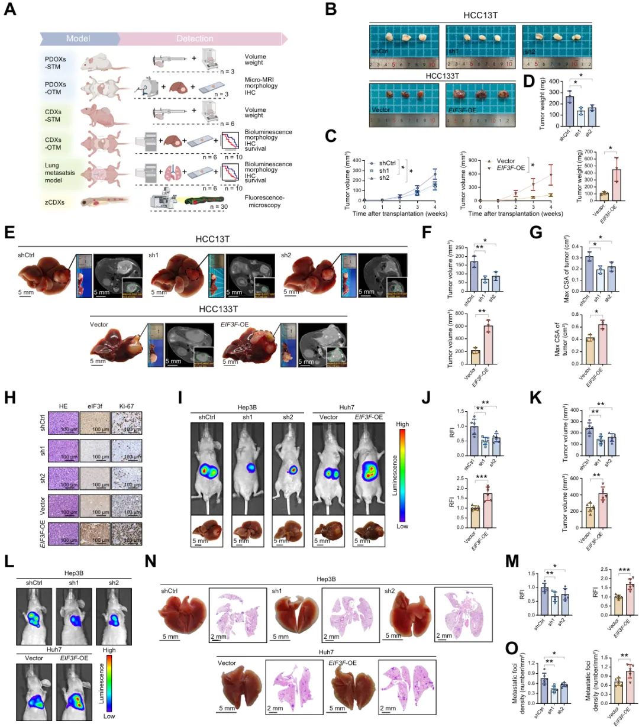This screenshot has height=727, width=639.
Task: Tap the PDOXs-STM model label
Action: click(55, 63)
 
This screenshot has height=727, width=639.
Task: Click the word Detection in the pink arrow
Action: click(195, 39)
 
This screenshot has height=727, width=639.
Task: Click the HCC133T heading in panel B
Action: click(442, 76)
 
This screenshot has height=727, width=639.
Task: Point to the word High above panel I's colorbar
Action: click(402, 424)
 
